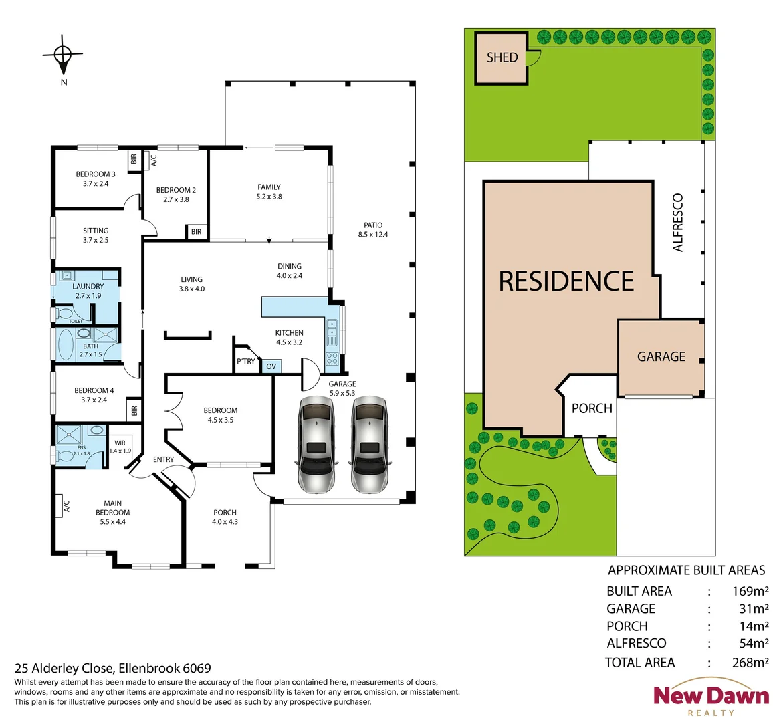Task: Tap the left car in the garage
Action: tap(316, 444)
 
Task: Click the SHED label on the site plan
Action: tap(502, 57)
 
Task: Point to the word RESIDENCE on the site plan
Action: tap(566, 281)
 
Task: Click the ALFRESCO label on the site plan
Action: tap(679, 223)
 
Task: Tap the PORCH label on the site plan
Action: tap(592, 408)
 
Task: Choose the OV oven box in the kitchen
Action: tap(271, 366)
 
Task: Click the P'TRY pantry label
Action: tap(245, 362)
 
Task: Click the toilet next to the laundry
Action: tap(65, 313)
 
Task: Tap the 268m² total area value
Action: tap(750, 663)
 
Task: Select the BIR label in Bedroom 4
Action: tap(134, 410)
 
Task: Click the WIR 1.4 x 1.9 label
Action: tap(120, 447)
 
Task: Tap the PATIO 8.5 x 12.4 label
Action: tap(372, 230)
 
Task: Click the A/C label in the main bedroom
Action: tap(66, 507)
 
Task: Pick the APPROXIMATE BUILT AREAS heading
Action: tap(686, 570)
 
